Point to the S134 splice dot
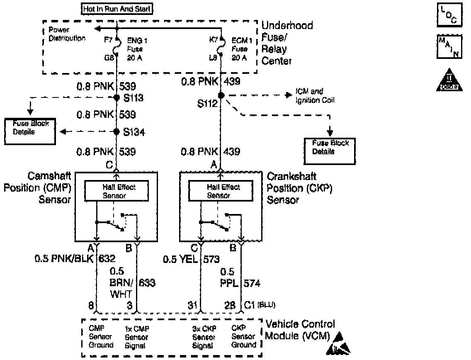pos(117,132)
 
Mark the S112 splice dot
pos(221,95)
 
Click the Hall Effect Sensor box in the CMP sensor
pos(117,191)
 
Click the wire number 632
pos(107,259)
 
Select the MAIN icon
pos(450,47)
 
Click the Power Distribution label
pos(66,34)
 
